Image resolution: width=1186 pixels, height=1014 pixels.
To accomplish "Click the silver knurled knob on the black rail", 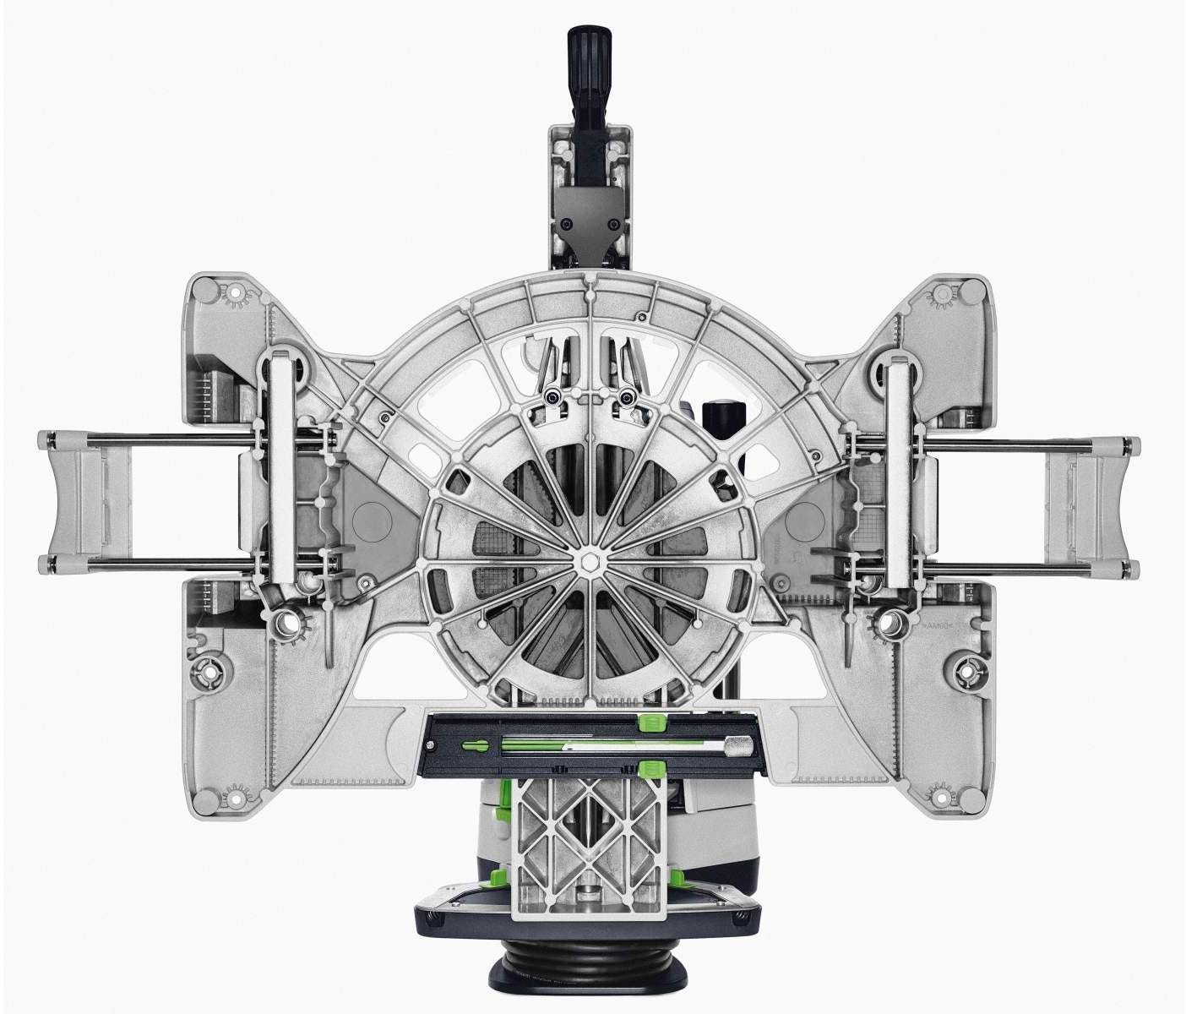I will tap(740, 746).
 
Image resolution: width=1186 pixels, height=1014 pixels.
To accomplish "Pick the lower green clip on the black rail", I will tap(649, 768).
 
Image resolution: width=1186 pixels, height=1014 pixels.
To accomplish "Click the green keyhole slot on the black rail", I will tap(475, 746).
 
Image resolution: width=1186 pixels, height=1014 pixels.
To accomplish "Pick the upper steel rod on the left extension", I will tap(152, 437).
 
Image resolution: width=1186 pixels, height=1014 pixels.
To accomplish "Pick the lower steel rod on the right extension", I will tap(1014, 563).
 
